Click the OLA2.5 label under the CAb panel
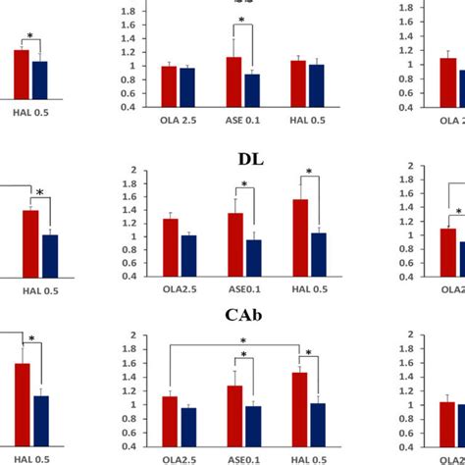(x=179, y=457)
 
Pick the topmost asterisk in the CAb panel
(x=243, y=342)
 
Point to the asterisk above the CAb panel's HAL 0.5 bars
(x=308, y=354)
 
